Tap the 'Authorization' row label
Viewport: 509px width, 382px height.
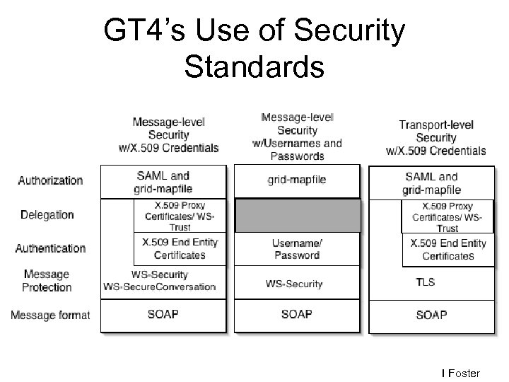tap(50, 180)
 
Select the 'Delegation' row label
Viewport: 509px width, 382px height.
tap(47, 214)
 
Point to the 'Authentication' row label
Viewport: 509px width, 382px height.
tap(50, 248)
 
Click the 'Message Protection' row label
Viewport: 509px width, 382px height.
tap(47, 281)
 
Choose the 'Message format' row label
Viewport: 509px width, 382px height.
tap(49, 314)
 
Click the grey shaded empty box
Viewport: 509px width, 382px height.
tap(297, 216)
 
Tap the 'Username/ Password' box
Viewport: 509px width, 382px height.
tap(296, 249)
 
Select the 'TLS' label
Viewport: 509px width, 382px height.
tap(425, 282)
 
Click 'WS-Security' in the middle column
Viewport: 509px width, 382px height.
tap(294, 284)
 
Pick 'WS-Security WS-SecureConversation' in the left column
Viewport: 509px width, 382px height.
tap(160, 281)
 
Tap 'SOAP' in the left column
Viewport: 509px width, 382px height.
tap(163, 314)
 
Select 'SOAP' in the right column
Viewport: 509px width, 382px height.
tap(431, 314)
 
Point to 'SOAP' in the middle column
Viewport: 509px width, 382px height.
tap(297, 314)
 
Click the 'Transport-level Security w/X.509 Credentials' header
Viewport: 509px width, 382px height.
tap(436, 138)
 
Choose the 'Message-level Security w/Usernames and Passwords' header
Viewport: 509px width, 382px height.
tap(297, 137)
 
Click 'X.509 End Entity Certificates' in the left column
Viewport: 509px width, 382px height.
tap(180, 248)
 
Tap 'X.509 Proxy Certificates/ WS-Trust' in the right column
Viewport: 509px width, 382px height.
tap(447, 216)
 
